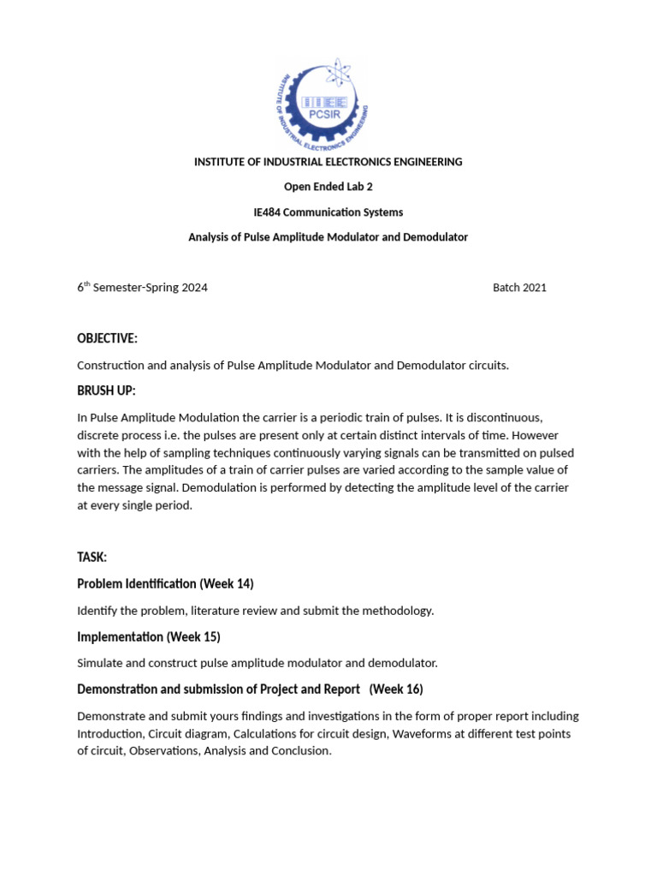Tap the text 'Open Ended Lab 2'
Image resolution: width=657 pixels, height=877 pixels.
tap(328, 187)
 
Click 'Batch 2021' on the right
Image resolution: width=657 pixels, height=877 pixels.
tap(519, 288)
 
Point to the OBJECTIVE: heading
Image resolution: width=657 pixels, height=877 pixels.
tap(107, 339)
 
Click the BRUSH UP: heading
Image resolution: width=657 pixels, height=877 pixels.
tap(106, 391)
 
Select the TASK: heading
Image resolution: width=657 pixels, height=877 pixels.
tap(92, 558)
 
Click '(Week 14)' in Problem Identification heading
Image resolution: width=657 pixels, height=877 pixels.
tap(227, 584)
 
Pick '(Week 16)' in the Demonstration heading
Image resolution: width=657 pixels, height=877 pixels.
tap(396, 689)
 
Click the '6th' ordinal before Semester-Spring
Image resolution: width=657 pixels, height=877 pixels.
tap(83, 288)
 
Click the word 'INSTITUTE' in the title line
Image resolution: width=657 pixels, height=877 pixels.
tap(220, 162)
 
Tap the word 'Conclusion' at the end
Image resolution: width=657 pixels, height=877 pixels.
tap(302, 751)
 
